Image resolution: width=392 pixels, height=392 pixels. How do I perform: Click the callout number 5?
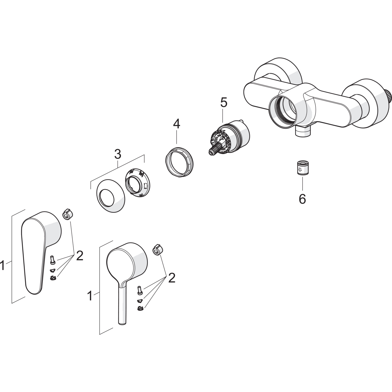point(224,103)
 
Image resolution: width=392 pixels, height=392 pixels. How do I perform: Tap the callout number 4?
point(177,124)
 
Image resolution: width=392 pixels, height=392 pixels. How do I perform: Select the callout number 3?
point(118,154)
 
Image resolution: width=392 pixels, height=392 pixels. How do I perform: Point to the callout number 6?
point(302,199)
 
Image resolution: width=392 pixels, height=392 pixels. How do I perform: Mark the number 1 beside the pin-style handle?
point(90,296)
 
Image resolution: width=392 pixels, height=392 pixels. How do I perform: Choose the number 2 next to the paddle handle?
point(80,256)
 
